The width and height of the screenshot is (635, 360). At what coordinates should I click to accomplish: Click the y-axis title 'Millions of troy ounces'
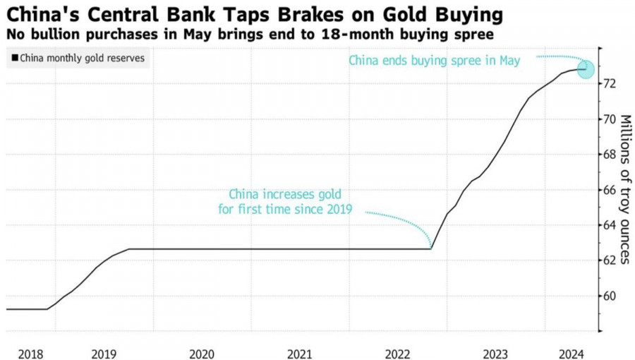[x=625, y=190]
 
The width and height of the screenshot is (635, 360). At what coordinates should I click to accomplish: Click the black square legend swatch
[x=14, y=59]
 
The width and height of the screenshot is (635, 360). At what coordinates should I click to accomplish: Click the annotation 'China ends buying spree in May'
[x=435, y=61]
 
